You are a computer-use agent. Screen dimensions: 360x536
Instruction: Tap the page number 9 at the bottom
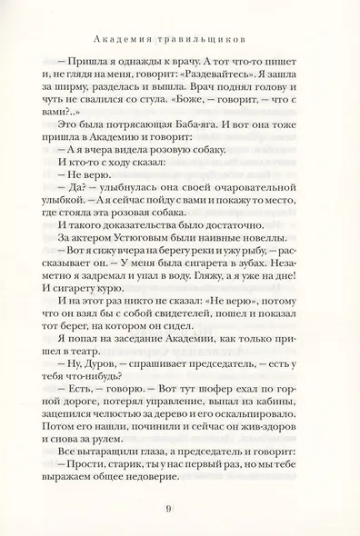[x=180, y=508]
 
